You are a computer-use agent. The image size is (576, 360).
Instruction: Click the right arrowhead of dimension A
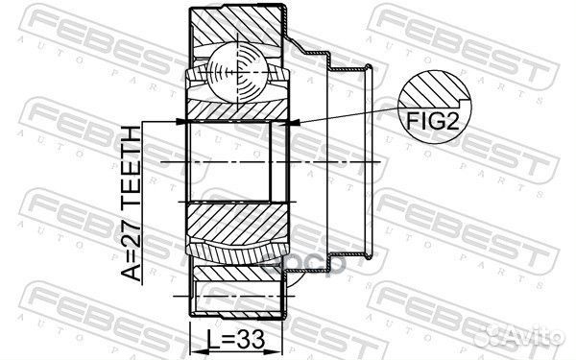point(294,122)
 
